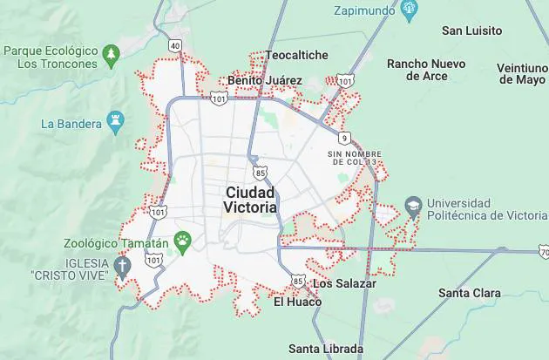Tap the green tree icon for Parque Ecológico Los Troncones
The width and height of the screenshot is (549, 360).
(x=111, y=57)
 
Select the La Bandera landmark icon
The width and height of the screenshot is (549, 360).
(x=114, y=123)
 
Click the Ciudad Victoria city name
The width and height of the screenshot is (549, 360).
(x=250, y=200)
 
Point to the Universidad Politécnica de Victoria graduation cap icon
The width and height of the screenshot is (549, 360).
(x=413, y=208)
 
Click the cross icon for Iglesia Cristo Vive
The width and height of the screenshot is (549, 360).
(x=122, y=267)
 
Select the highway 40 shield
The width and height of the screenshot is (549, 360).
(x=176, y=45)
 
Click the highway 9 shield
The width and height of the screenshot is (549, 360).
(x=345, y=138)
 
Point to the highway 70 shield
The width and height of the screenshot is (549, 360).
(x=543, y=251)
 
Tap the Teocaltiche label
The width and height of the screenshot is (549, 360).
(x=297, y=55)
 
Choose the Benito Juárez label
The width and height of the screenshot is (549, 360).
(x=265, y=80)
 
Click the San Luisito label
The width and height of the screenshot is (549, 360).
(x=472, y=31)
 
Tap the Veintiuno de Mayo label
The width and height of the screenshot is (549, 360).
(x=520, y=73)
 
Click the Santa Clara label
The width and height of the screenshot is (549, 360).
(x=469, y=293)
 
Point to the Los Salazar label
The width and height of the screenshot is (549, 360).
(x=344, y=283)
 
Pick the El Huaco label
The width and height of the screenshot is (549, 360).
(x=297, y=302)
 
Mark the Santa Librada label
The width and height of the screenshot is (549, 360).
(x=326, y=349)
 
